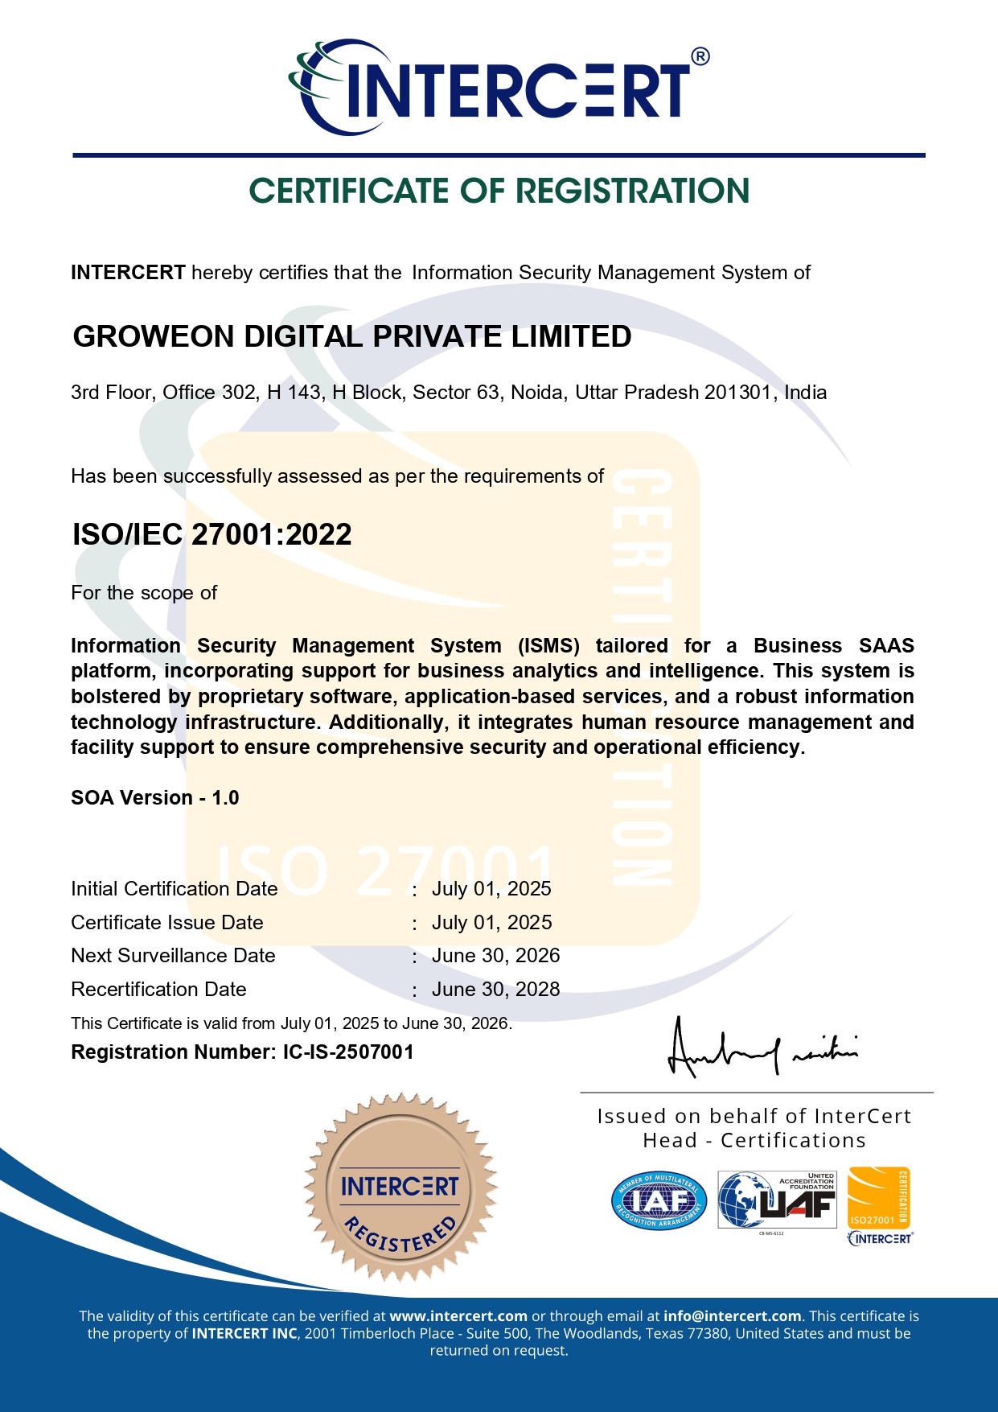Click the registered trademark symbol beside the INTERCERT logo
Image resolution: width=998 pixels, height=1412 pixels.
tap(700, 56)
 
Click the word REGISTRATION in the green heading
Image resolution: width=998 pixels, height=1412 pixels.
tap(632, 191)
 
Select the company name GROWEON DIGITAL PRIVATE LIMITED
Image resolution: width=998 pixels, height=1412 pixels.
tap(352, 337)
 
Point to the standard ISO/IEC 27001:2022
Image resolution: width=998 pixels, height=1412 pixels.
tap(212, 535)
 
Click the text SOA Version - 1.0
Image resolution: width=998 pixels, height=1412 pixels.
tap(155, 798)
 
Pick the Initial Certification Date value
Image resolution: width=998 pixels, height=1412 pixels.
tap(491, 889)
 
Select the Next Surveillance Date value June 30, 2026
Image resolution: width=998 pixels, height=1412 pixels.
tap(495, 956)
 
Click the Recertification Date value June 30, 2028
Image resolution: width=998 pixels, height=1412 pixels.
tap(495, 990)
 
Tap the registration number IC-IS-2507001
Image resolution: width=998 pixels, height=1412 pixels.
tap(348, 1052)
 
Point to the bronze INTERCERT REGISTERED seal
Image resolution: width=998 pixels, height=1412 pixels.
tap(400, 1187)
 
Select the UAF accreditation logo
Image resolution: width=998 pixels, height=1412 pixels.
tap(777, 1200)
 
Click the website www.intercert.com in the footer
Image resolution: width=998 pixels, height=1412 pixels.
tap(458, 1317)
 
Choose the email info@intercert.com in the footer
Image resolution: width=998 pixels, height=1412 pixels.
tap(732, 1317)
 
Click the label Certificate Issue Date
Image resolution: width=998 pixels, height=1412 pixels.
tap(167, 923)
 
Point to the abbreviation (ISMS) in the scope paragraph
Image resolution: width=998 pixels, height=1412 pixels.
tap(548, 646)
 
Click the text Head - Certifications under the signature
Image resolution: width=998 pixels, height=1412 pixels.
tap(754, 1141)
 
